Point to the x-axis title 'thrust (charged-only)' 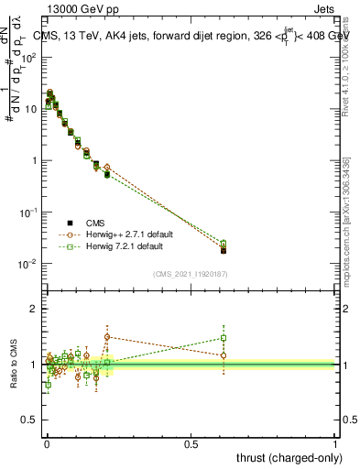coord(285,457)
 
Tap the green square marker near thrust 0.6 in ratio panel coord(224,337)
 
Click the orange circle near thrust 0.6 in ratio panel coord(224,355)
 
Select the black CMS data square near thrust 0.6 coord(224,250)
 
